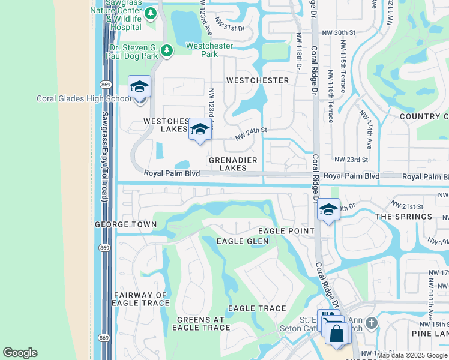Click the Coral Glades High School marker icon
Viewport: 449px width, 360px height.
point(139,87)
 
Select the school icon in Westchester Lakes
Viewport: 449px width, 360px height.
point(200,129)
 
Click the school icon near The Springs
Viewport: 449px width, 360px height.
point(328,209)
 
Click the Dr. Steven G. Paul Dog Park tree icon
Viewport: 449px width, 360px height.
point(168,50)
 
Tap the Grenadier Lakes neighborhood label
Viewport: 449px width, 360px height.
point(233,164)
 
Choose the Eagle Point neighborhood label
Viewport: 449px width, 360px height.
point(286,231)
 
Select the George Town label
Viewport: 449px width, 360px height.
point(125,224)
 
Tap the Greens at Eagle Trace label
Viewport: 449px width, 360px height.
point(201,323)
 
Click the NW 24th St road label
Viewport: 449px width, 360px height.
point(250,133)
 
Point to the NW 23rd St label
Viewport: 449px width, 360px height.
point(351,160)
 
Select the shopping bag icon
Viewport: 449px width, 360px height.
point(337,334)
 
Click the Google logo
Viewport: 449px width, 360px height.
point(20,353)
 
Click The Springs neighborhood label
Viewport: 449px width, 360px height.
point(403,217)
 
